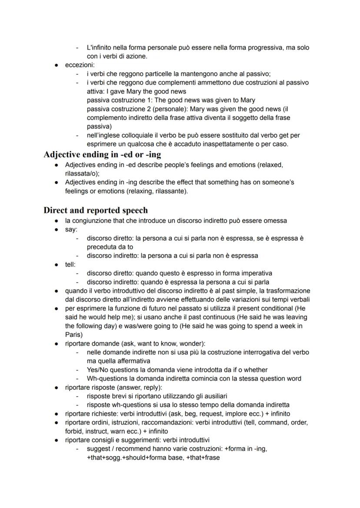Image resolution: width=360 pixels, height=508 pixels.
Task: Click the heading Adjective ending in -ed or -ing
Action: (x=102, y=154)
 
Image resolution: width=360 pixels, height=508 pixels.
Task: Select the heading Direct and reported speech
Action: (x=95, y=210)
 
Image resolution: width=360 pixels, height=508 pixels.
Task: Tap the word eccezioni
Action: (x=80, y=65)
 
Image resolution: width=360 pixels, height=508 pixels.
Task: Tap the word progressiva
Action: (x=266, y=47)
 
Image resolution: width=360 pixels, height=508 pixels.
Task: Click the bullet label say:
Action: (x=71, y=229)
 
